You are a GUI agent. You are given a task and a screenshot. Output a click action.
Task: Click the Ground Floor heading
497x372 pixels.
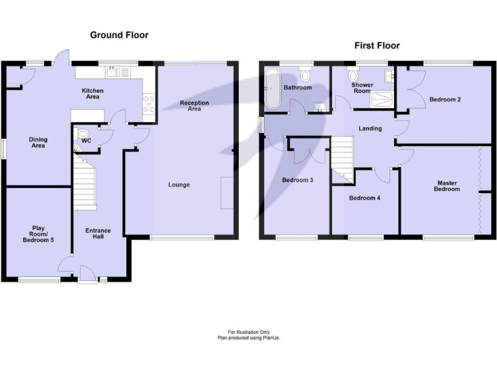tap(118, 35)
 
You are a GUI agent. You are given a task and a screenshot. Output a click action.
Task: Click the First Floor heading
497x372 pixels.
tap(377, 45)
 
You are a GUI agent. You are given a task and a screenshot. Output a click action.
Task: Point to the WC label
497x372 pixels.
tap(86, 140)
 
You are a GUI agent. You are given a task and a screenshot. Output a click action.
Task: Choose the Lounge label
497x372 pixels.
tap(179, 185)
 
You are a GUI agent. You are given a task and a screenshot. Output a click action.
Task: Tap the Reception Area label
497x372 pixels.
tap(195, 106)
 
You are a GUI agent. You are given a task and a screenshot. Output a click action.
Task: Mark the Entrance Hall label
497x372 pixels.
tap(98, 234)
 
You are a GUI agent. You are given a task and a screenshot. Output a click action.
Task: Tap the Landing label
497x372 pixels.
tap(370, 129)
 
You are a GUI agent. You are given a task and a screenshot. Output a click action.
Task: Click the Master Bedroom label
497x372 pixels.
tap(447, 186)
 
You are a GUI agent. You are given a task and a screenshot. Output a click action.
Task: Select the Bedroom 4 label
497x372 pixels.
tap(364, 198)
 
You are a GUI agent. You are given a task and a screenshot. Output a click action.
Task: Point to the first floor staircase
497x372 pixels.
tap(342, 159)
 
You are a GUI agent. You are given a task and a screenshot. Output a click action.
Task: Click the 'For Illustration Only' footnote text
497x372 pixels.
tap(249, 332)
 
